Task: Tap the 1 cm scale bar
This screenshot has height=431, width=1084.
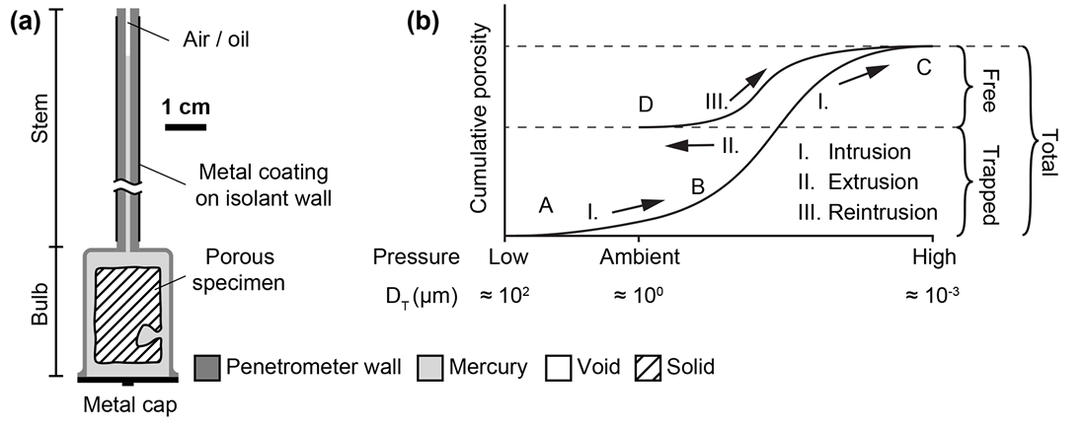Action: click(x=186, y=126)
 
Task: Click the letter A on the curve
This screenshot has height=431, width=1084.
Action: click(x=545, y=205)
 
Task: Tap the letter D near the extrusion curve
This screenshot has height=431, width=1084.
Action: click(x=645, y=104)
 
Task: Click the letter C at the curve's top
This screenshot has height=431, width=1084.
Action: click(x=923, y=68)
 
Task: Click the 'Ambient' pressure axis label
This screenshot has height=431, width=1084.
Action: click(x=639, y=258)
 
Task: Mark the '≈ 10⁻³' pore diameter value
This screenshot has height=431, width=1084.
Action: click(x=933, y=295)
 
